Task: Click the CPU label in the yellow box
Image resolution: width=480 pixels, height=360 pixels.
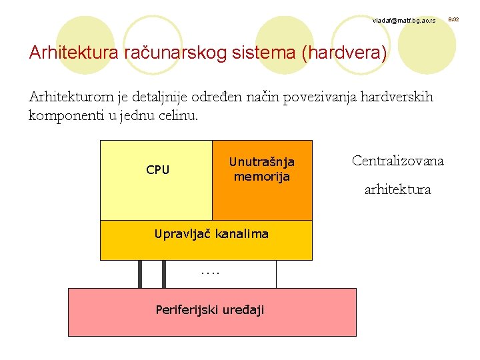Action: [158, 170]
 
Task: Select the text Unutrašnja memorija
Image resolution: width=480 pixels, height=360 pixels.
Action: [261, 169]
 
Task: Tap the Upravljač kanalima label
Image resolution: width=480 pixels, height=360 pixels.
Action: [211, 234]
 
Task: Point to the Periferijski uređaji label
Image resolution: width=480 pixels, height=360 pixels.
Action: [209, 309]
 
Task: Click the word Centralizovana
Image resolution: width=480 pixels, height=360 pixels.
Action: [397, 161]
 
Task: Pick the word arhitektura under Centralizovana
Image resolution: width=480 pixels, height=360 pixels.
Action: [397, 190]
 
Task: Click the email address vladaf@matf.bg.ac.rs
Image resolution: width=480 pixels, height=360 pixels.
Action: [404, 21]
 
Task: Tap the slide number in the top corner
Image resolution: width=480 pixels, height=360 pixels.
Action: [453, 20]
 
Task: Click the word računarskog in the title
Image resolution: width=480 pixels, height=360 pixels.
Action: [175, 53]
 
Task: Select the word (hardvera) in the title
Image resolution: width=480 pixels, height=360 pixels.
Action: [344, 53]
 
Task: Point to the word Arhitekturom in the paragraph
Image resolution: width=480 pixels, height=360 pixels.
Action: [71, 97]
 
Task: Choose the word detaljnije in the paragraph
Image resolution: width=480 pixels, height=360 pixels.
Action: [160, 97]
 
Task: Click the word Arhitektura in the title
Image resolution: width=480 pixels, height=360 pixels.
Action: [74, 53]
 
